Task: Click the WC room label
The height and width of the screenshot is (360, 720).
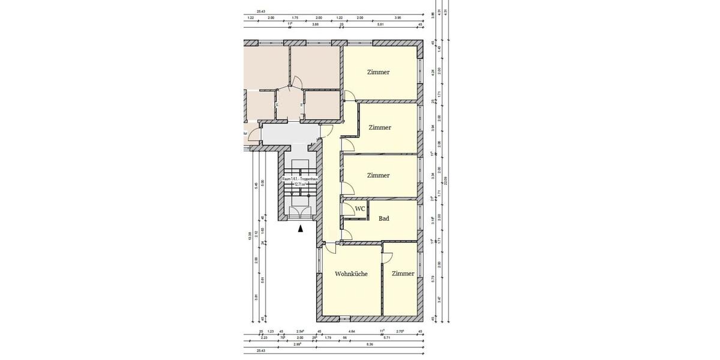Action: (360, 208)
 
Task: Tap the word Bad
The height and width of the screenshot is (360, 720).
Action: (384, 218)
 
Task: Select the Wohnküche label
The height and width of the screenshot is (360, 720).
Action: (351, 274)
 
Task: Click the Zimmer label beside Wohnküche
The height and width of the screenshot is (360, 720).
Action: (403, 274)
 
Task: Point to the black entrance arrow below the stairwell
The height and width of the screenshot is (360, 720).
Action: (301, 228)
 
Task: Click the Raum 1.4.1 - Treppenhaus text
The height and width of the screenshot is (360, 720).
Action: (299, 179)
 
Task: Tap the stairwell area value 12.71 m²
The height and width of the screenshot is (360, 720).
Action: (299, 185)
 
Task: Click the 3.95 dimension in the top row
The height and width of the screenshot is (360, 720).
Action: (398, 18)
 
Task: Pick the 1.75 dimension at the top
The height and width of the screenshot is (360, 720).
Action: (295, 18)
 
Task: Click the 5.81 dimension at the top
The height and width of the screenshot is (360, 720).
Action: (380, 25)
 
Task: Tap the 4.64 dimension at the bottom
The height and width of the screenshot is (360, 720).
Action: (351, 331)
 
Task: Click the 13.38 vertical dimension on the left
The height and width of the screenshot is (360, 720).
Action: (250, 237)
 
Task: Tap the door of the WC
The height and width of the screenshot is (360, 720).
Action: (347, 208)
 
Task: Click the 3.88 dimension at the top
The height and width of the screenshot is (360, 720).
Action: (315, 25)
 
